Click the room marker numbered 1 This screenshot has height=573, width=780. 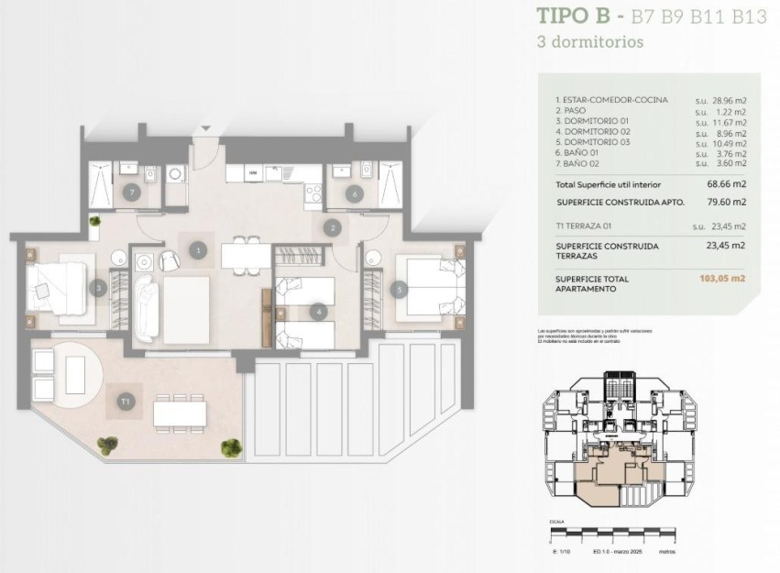(197, 248)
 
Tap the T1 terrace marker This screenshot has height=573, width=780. (124, 401)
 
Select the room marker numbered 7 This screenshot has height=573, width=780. (133, 193)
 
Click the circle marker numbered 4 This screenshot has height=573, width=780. (317, 312)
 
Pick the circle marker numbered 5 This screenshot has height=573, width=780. (398, 289)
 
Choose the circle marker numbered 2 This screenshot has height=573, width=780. (333, 226)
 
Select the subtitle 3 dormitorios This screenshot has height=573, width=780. (589, 41)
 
